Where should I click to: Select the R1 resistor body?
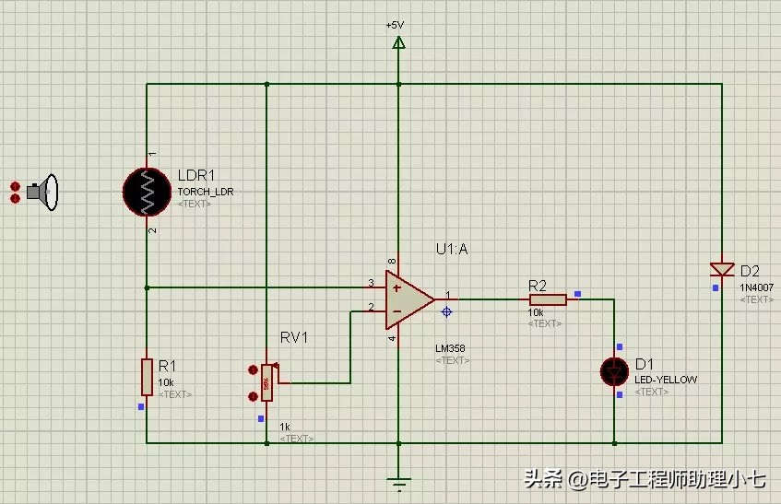[147, 376]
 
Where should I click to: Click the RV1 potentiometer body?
[266, 381]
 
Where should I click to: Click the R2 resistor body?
[547, 299]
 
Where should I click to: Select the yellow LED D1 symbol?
[614, 371]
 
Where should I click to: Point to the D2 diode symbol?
[721, 269]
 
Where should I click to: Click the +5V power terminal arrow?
[398, 42]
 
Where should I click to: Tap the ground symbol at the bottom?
[398, 481]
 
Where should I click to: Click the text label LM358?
[451, 349]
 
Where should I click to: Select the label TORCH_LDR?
[205, 192]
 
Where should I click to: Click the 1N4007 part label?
[756, 287]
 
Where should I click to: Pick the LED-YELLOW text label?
[666, 380]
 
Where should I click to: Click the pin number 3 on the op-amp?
[371, 283]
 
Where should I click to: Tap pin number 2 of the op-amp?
[371, 308]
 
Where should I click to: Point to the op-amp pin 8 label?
[392, 263]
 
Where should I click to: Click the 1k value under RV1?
[285, 427]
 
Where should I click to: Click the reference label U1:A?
[452, 249]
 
